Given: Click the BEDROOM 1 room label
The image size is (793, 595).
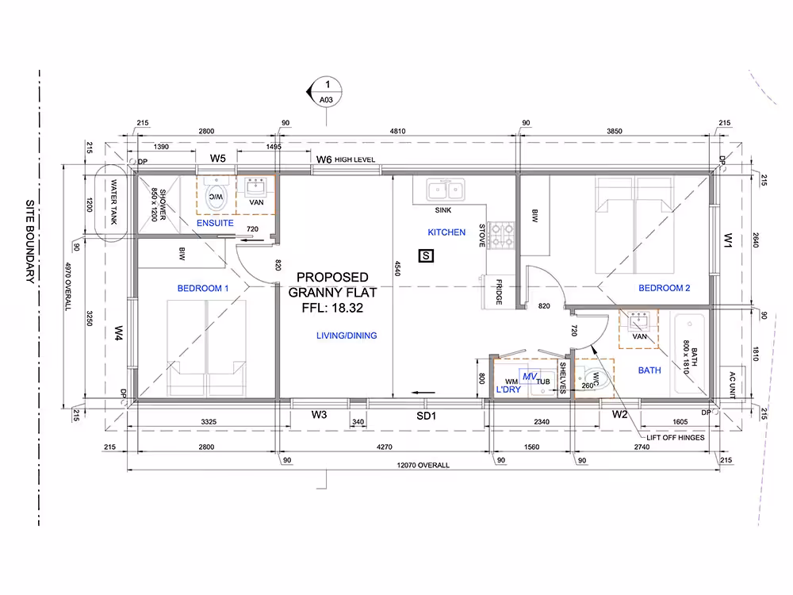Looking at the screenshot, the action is coord(203,289).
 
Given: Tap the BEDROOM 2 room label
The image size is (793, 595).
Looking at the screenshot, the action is coord(664,288).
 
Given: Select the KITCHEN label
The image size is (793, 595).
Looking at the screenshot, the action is coord(446,232).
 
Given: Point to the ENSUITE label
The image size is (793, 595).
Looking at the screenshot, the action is coord(215,223).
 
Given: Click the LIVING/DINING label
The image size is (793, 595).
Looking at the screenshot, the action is coord(347,336).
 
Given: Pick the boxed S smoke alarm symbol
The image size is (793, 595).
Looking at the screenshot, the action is coord(426,255).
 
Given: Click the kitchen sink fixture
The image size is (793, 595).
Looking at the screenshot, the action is coord(446,190).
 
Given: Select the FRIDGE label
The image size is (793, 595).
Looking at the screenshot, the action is coord(499,292).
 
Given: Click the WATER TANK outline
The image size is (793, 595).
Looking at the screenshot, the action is coord(110,203).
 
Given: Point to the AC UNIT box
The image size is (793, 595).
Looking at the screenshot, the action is coord(732,382).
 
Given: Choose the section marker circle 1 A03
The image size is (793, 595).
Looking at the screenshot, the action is coord(326,91).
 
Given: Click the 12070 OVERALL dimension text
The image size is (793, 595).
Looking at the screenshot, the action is coord(423,465).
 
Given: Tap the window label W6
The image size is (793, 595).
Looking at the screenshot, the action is coord(324,159).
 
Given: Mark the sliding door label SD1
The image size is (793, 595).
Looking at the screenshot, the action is coord(426,416).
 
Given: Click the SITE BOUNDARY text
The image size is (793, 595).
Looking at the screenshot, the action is coord(31,241).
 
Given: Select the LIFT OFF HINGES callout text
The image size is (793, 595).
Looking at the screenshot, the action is coord(675,438).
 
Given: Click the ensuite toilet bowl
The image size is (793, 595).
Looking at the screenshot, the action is coord(216,196).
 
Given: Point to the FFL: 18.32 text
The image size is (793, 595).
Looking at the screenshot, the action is coord(332,308).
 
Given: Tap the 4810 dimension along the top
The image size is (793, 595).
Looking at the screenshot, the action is coord(397,131).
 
